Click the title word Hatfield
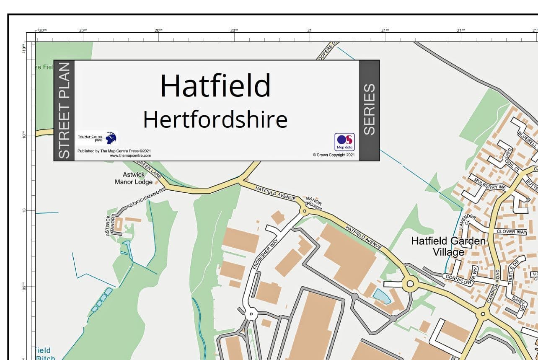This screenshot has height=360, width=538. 215,85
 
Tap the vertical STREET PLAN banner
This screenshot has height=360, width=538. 64,111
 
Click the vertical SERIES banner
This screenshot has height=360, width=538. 369,110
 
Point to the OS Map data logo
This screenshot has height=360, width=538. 344,142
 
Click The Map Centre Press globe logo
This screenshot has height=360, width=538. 111,138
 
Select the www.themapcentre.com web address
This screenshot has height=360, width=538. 130,155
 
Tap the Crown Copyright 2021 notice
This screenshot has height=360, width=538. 334,155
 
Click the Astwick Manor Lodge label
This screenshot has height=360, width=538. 134,178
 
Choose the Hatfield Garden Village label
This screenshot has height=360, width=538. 448,246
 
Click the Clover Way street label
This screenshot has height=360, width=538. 511,231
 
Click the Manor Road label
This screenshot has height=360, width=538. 314,202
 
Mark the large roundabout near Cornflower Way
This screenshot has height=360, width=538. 410,284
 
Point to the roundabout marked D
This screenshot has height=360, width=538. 251,314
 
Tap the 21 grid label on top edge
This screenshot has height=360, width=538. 309,30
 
